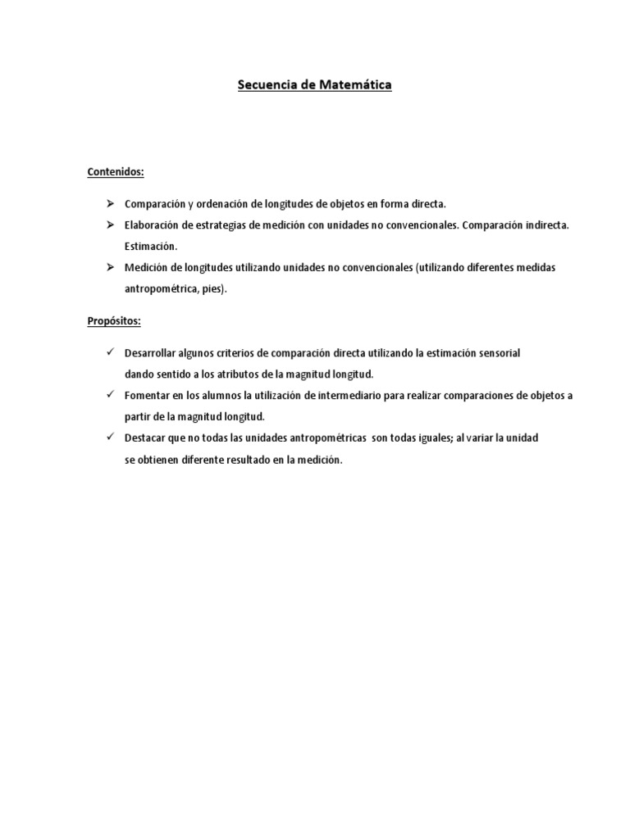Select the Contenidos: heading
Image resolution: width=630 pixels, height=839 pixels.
[116, 172]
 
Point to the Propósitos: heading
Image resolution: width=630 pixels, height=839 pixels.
[114, 321]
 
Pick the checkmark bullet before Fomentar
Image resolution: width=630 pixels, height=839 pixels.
[110, 395]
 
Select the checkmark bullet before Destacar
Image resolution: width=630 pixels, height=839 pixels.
[110, 438]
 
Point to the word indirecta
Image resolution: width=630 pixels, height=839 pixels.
[547, 224]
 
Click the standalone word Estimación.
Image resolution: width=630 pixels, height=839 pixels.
[150, 246]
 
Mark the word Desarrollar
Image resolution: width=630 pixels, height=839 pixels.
[151, 352]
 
